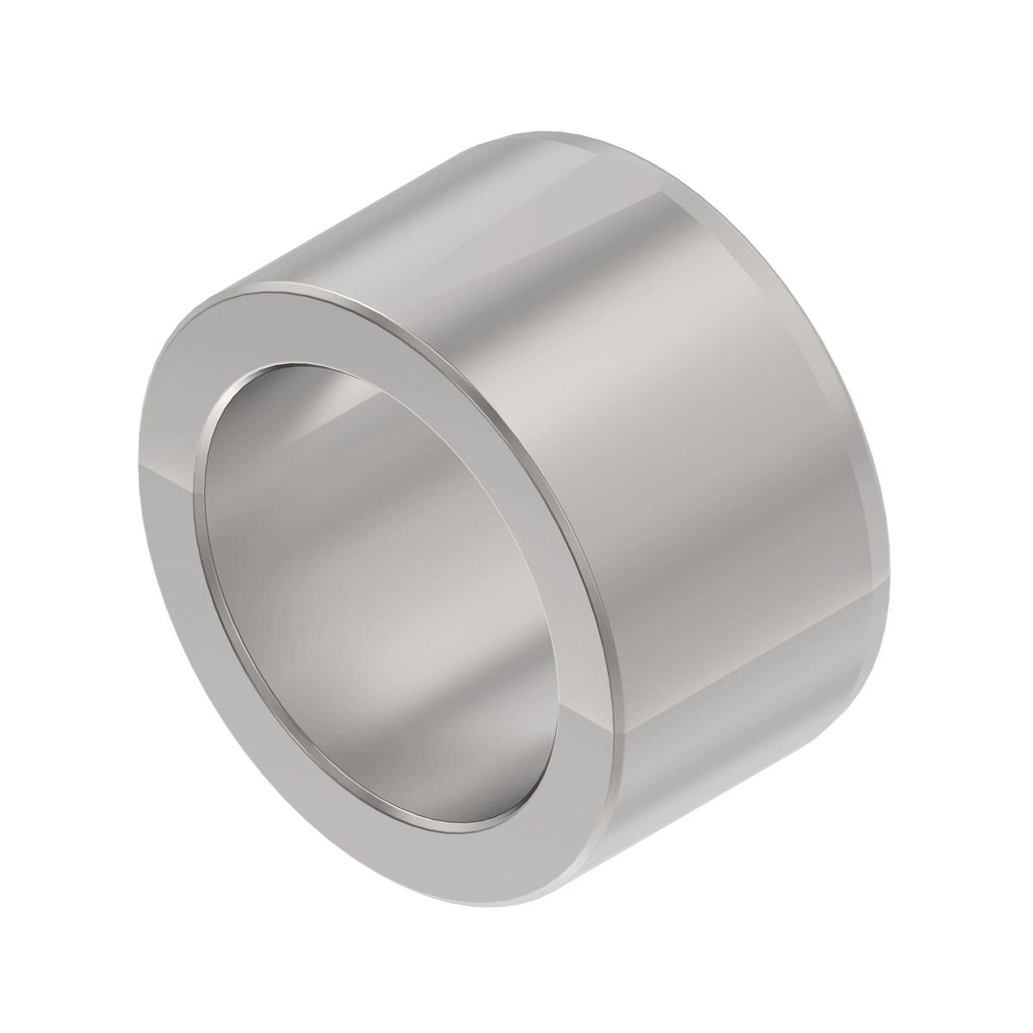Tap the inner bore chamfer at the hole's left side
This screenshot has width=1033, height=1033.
(207, 499)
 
